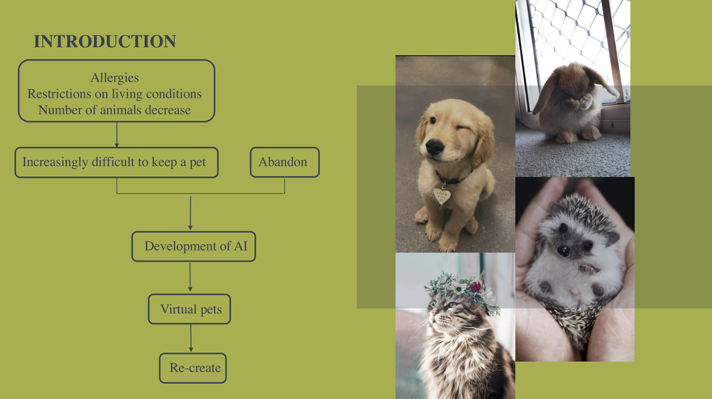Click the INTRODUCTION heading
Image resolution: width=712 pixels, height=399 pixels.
pyautogui.click(x=104, y=41)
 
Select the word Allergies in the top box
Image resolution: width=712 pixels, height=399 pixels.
pyautogui.click(x=115, y=78)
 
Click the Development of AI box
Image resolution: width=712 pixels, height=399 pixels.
pyautogui.click(x=193, y=246)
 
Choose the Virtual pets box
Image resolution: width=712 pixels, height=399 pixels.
pyautogui.click(x=189, y=309)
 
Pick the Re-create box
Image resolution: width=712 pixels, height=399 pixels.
pyautogui.click(x=193, y=368)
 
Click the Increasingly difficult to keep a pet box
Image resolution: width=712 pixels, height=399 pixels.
pyautogui.click(x=116, y=162)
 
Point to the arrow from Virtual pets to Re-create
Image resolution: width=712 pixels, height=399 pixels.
pyautogui.click(x=191, y=338)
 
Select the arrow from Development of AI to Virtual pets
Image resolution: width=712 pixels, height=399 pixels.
pyautogui.click(x=191, y=277)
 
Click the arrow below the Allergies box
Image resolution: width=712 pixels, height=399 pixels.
pyautogui.click(x=117, y=134)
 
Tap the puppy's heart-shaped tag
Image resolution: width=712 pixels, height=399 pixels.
pyautogui.click(x=441, y=196)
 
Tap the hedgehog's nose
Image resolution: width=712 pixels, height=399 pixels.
pyautogui.click(x=563, y=251)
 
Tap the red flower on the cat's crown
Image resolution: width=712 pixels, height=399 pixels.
pyautogui.click(x=476, y=287)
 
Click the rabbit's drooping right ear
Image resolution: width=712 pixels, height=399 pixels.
pyautogui.click(x=602, y=82)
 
